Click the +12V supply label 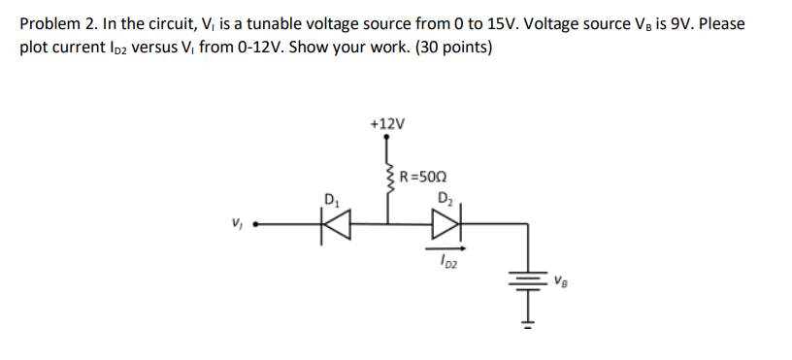[388, 124]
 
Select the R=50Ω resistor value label [422, 178]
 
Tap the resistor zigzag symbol [390, 182]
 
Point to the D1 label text [333, 203]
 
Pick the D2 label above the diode [446, 200]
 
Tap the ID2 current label [446, 260]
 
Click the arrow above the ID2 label [445, 247]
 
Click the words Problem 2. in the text [56, 23]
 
